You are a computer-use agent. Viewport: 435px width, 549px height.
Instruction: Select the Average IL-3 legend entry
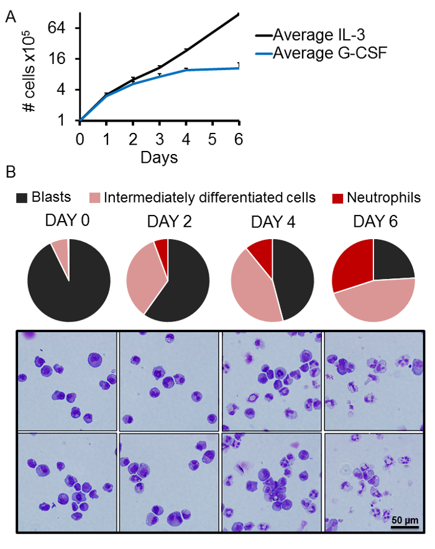click(x=319, y=35)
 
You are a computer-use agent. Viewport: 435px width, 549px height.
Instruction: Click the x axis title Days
click(x=159, y=157)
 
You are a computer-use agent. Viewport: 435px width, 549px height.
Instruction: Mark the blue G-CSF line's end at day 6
click(x=239, y=68)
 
